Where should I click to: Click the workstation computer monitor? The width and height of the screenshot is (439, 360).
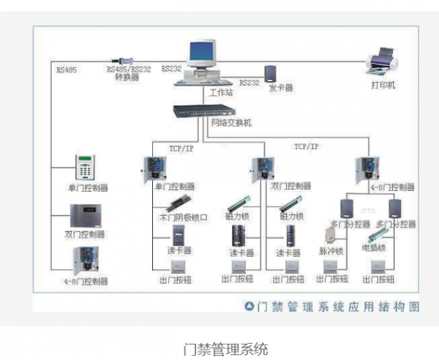click(204, 55)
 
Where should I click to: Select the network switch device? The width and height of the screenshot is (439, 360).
click(204, 111)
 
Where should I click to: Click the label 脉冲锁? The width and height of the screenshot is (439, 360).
click(331, 250)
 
